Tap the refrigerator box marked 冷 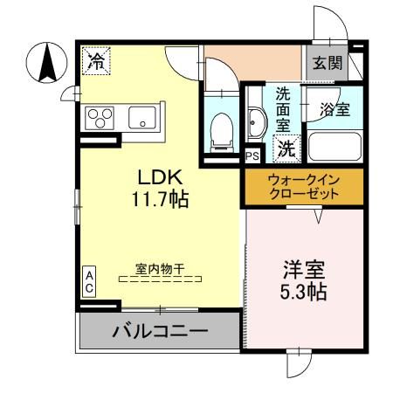[97, 60]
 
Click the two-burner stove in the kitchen [98, 117]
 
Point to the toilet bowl [223, 129]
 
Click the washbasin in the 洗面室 [257, 124]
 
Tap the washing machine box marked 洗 [286, 149]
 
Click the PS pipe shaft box [252, 156]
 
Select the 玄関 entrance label [327, 63]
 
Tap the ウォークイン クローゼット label [302, 187]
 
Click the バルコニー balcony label [159, 332]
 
